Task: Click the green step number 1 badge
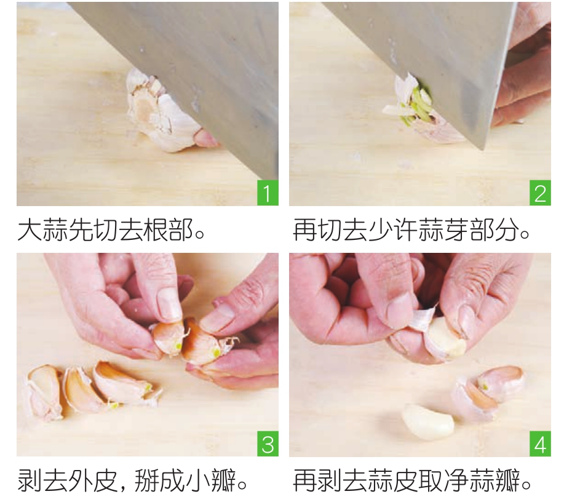(x=268, y=193)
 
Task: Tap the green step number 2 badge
(x=540, y=193)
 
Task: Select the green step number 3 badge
(x=268, y=444)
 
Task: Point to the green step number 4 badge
(x=540, y=444)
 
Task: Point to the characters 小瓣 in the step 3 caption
(x=211, y=480)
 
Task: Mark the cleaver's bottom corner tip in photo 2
(x=483, y=149)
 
